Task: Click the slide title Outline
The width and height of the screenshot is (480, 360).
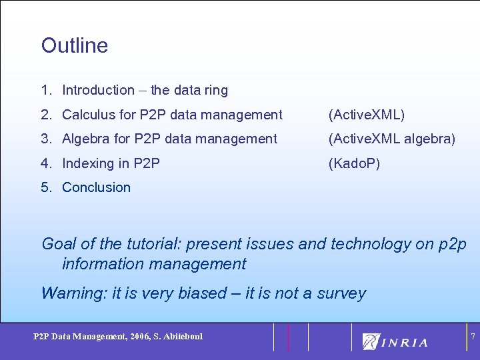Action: (x=74, y=45)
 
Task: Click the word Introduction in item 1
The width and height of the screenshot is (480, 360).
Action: (x=98, y=90)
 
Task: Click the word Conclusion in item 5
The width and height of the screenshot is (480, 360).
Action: (x=96, y=187)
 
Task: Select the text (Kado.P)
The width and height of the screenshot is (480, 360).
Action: (x=354, y=163)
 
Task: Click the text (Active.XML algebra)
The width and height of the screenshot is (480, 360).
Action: (x=392, y=139)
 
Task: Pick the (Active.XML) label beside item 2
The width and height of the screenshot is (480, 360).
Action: (x=366, y=115)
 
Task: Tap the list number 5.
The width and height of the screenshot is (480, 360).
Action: (x=45, y=187)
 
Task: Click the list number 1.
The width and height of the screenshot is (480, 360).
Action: (x=45, y=90)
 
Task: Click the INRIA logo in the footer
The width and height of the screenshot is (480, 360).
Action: (x=395, y=341)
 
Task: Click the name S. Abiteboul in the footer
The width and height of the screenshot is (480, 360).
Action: (x=177, y=336)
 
